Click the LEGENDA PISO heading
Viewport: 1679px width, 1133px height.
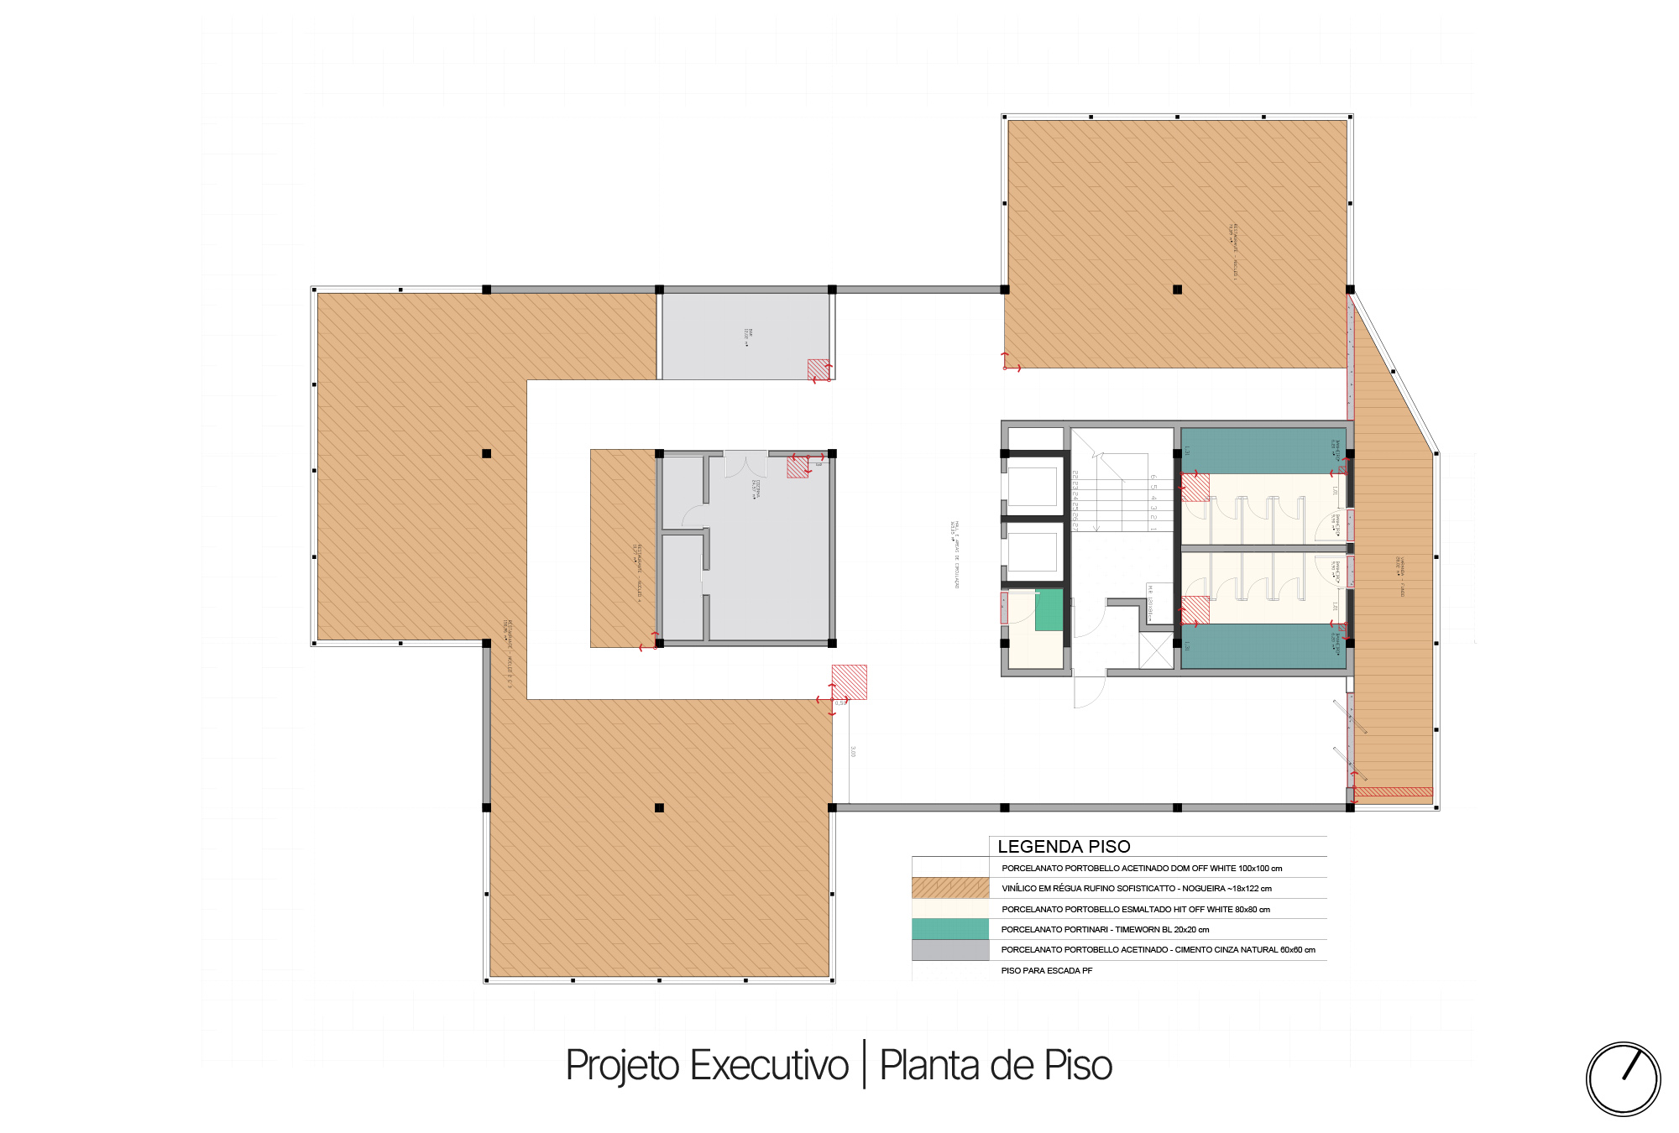pyautogui.click(x=1064, y=846)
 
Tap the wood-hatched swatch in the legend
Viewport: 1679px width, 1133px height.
pyautogui.click(x=950, y=888)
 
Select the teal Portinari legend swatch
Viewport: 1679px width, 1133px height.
pyautogui.click(x=950, y=929)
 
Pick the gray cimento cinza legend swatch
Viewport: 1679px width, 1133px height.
pyautogui.click(x=950, y=950)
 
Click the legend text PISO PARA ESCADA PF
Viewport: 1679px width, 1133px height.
pyautogui.click(x=1046, y=971)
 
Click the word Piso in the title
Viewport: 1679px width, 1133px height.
pyautogui.click(x=1078, y=1066)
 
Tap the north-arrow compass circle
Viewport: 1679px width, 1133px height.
pyautogui.click(x=1623, y=1079)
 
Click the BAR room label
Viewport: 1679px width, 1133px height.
pyautogui.click(x=747, y=336)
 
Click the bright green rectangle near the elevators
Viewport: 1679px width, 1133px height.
pyautogui.click(x=1049, y=610)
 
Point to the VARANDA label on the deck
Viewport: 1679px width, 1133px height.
pyautogui.click(x=1400, y=577)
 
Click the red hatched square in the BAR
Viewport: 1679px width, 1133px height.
pyautogui.click(x=819, y=369)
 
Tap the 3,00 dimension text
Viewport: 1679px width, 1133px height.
pyautogui.click(x=853, y=752)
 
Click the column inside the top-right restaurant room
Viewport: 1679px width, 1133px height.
pyautogui.click(x=1177, y=290)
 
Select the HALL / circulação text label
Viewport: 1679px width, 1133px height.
pyautogui.click(x=955, y=554)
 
